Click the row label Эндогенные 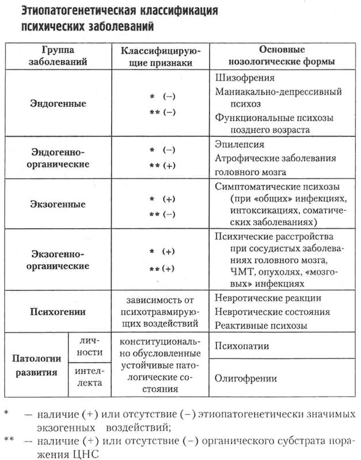[x=57, y=104]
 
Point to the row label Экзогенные [x=57, y=204]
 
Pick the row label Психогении [x=57, y=312]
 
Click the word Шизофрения [x=244, y=78]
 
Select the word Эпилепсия [x=240, y=144]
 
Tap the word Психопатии [x=241, y=346]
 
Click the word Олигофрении [x=245, y=378]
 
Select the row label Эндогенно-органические [x=57, y=158]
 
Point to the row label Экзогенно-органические [x=57, y=260]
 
